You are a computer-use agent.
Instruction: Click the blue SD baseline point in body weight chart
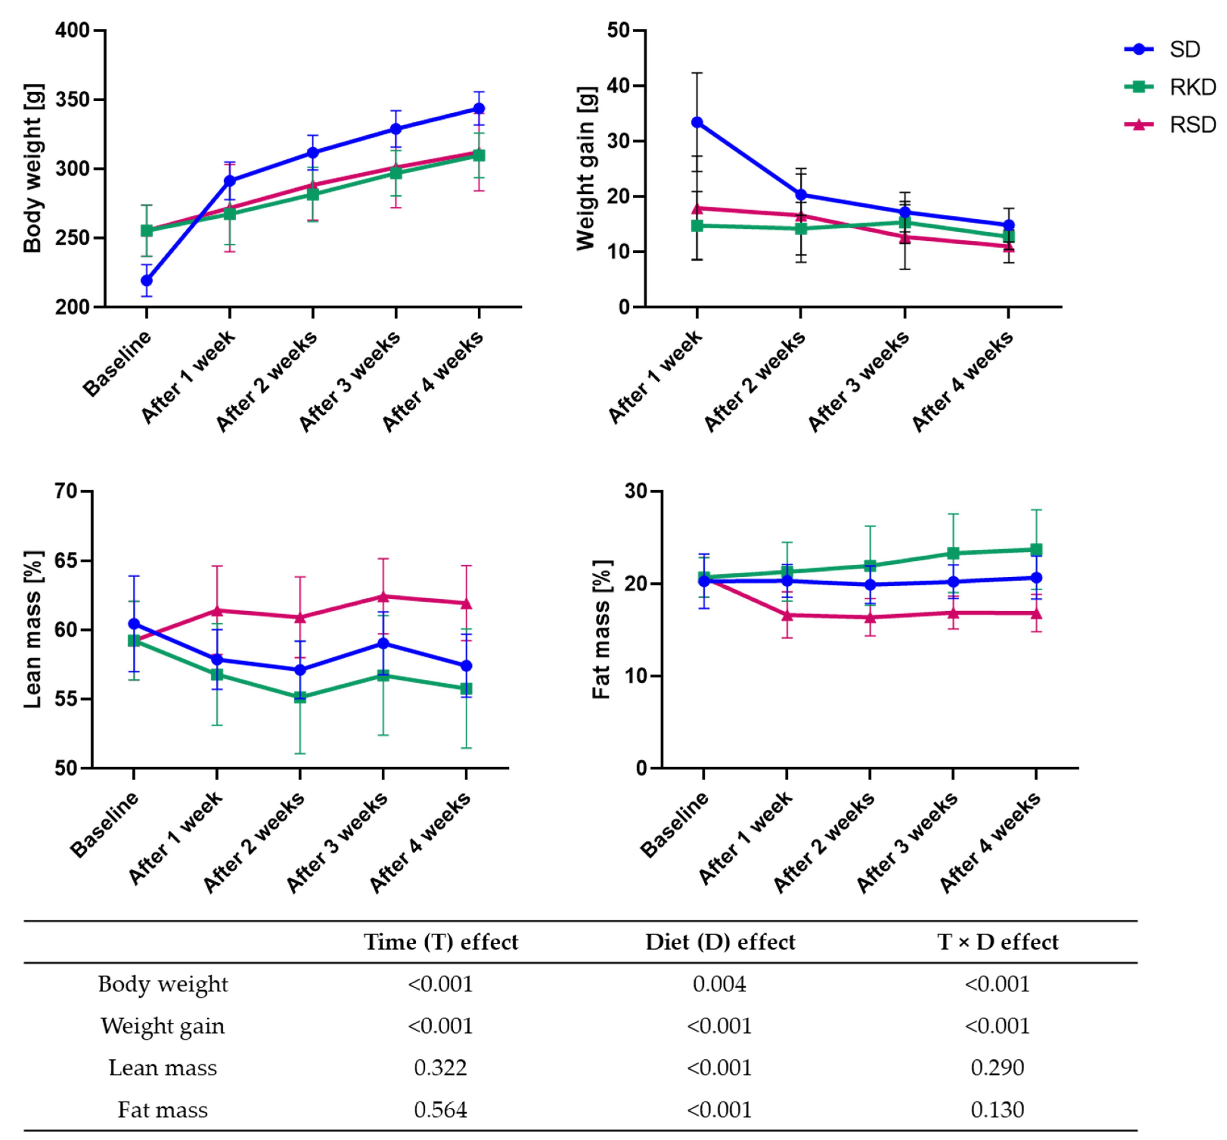[147, 281]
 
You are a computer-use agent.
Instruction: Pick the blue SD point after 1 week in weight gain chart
[697, 122]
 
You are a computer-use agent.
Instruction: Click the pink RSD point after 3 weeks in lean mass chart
[383, 597]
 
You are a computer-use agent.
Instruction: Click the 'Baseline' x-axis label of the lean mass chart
[105, 825]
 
